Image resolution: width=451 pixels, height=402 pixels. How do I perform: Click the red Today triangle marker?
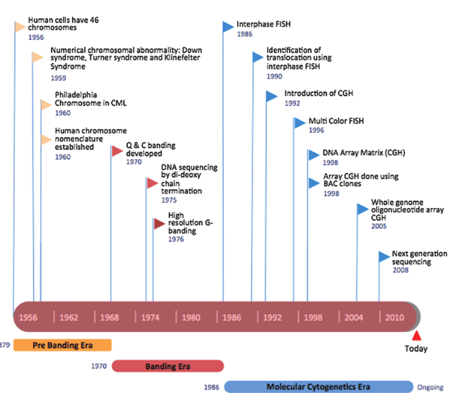(417, 335)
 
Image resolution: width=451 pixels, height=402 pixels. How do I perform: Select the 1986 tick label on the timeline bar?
(232, 317)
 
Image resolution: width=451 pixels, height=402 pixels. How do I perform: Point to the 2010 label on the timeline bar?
(395, 317)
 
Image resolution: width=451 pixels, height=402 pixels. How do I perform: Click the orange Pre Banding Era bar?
(62, 345)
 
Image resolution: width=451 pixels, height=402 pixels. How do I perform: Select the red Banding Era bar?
(167, 366)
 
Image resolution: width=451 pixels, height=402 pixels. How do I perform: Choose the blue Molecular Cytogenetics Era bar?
(317, 387)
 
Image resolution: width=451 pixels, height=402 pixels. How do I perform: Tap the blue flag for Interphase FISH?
(227, 26)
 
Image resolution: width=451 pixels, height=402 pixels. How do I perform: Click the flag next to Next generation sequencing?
(384, 257)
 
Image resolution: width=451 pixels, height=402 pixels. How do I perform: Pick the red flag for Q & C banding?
(116, 151)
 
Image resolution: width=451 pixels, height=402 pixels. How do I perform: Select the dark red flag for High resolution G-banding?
(159, 224)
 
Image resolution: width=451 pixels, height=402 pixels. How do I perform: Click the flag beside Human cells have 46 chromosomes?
(21, 26)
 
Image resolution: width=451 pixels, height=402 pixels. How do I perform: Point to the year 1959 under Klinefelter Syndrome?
(58, 78)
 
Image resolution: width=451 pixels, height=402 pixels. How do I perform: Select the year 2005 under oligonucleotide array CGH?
(379, 226)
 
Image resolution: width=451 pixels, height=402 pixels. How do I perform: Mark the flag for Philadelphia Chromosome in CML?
(46, 105)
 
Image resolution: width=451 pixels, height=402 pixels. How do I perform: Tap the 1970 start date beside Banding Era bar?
(98, 366)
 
